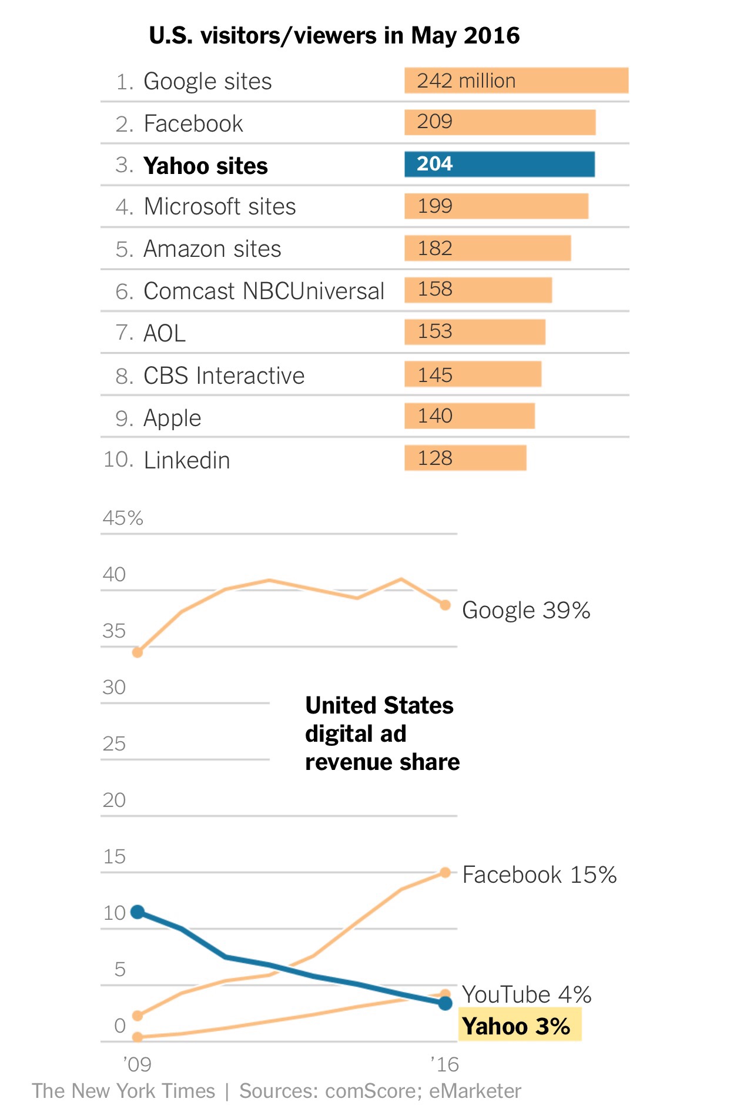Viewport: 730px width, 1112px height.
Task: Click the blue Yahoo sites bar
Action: [500, 165]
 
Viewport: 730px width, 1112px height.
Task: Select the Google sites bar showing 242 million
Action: [516, 81]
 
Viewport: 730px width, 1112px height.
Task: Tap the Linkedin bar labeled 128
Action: [465, 458]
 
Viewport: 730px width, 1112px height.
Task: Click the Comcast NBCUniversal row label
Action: [264, 291]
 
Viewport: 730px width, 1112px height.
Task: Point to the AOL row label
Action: [165, 333]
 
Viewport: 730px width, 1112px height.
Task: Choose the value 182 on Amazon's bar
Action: [435, 249]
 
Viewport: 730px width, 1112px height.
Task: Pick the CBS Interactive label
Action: [224, 376]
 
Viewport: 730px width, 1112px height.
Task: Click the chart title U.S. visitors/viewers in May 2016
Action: [334, 36]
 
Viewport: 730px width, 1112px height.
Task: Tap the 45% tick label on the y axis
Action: [123, 518]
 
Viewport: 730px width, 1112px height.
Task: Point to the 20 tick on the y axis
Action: [114, 800]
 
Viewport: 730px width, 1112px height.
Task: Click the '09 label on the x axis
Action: [137, 1064]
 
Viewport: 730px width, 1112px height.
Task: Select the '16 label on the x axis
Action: [444, 1064]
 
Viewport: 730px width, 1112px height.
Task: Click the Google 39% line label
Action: [526, 610]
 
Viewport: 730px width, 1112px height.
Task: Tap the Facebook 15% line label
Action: [539, 875]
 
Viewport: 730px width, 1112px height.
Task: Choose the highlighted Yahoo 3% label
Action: [516, 1026]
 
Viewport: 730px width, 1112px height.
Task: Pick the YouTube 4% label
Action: [527, 994]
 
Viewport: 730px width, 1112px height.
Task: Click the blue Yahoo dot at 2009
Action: [138, 912]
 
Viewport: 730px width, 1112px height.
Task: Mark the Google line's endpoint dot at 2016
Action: [446, 605]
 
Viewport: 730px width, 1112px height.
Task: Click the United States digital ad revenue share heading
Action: [382, 733]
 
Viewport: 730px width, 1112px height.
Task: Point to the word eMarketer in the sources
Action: [475, 1091]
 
